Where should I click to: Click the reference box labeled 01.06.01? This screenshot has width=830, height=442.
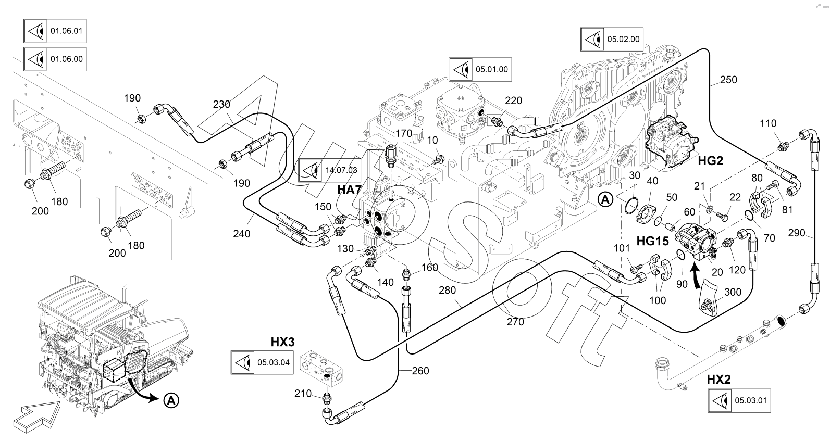pos(54,31)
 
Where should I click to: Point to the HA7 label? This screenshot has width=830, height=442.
pos(349,190)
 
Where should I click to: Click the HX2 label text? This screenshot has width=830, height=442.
pos(718,380)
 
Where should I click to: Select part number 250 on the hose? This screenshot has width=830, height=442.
pos(728,80)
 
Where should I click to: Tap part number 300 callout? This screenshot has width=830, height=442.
pos(733,293)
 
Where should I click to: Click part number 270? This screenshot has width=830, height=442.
pos(515,322)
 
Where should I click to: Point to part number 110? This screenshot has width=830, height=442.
pos(768,123)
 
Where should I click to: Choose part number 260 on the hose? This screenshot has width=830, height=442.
pos(420,371)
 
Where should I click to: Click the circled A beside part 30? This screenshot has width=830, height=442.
pos(605,199)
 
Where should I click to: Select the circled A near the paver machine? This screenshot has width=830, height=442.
pos(170,400)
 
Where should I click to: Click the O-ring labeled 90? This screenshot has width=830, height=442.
pos(681,254)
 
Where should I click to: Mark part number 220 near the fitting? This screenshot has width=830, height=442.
pos(513,100)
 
